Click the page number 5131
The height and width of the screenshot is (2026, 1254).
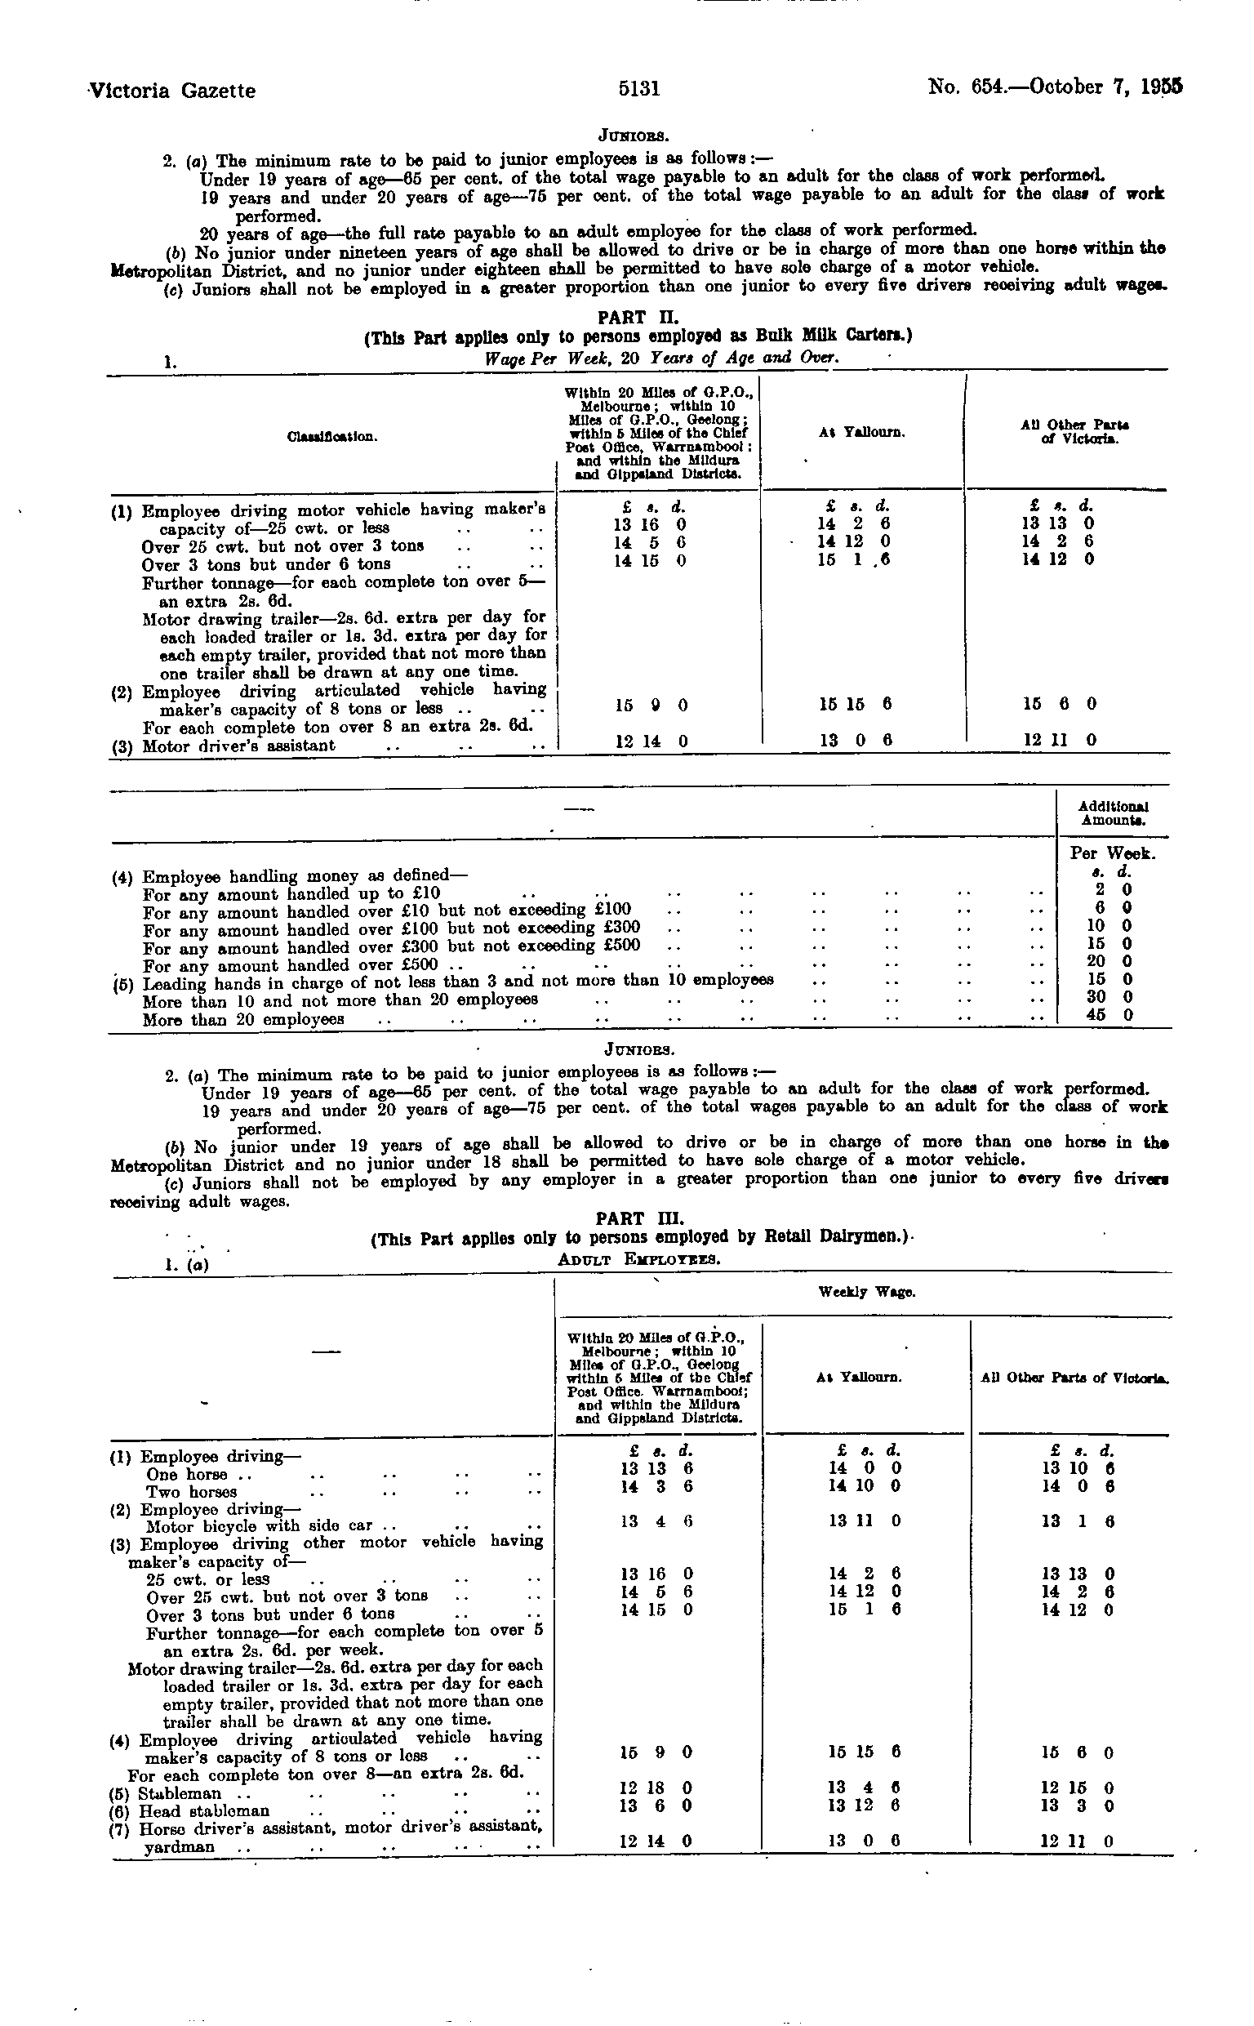click(638, 89)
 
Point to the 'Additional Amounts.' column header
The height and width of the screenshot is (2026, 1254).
click(1112, 813)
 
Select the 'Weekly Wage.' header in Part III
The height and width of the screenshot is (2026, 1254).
click(866, 1292)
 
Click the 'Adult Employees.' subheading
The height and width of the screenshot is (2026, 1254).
click(638, 1259)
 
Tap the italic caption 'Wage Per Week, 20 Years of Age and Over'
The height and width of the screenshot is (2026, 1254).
click(662, 358)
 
